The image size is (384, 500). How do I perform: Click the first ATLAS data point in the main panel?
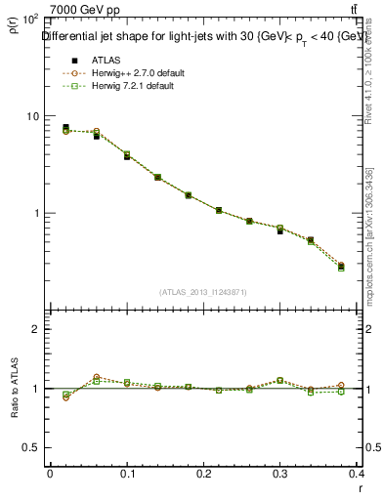click(65, 127)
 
